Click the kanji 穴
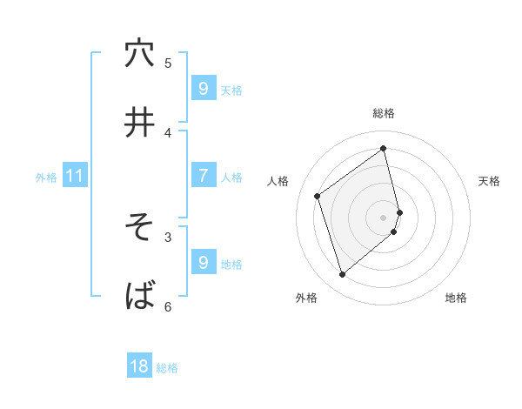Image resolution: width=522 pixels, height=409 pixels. (139, 54)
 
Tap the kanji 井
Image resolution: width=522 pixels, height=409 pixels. (139, 123)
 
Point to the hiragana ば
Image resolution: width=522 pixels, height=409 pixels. (139, 297)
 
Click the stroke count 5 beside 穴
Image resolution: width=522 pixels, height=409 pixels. (168, 63)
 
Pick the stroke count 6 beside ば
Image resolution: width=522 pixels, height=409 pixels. (168, 306)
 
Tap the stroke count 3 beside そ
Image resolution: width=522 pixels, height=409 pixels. (168, 236)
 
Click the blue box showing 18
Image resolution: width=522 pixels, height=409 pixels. (139, 366)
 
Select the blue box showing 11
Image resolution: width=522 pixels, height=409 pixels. (75, 176)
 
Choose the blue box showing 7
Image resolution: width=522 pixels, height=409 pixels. (203, 176)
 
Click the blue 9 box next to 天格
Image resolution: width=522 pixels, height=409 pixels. (203, 89)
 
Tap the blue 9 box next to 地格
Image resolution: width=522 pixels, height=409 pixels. (203, 263)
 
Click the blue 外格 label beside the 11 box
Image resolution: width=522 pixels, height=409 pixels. (46, 177)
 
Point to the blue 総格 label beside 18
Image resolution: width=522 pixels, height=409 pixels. (167, 368)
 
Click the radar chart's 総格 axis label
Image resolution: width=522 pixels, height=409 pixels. (384, 113)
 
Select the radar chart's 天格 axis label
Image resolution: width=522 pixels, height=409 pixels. (489, 181)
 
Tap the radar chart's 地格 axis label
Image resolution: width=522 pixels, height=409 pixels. (456, 298)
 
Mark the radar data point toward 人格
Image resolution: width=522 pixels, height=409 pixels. (318, 196)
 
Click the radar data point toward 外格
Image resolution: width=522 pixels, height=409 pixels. (342, 275)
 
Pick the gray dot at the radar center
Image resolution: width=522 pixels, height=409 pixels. (384, 217)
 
